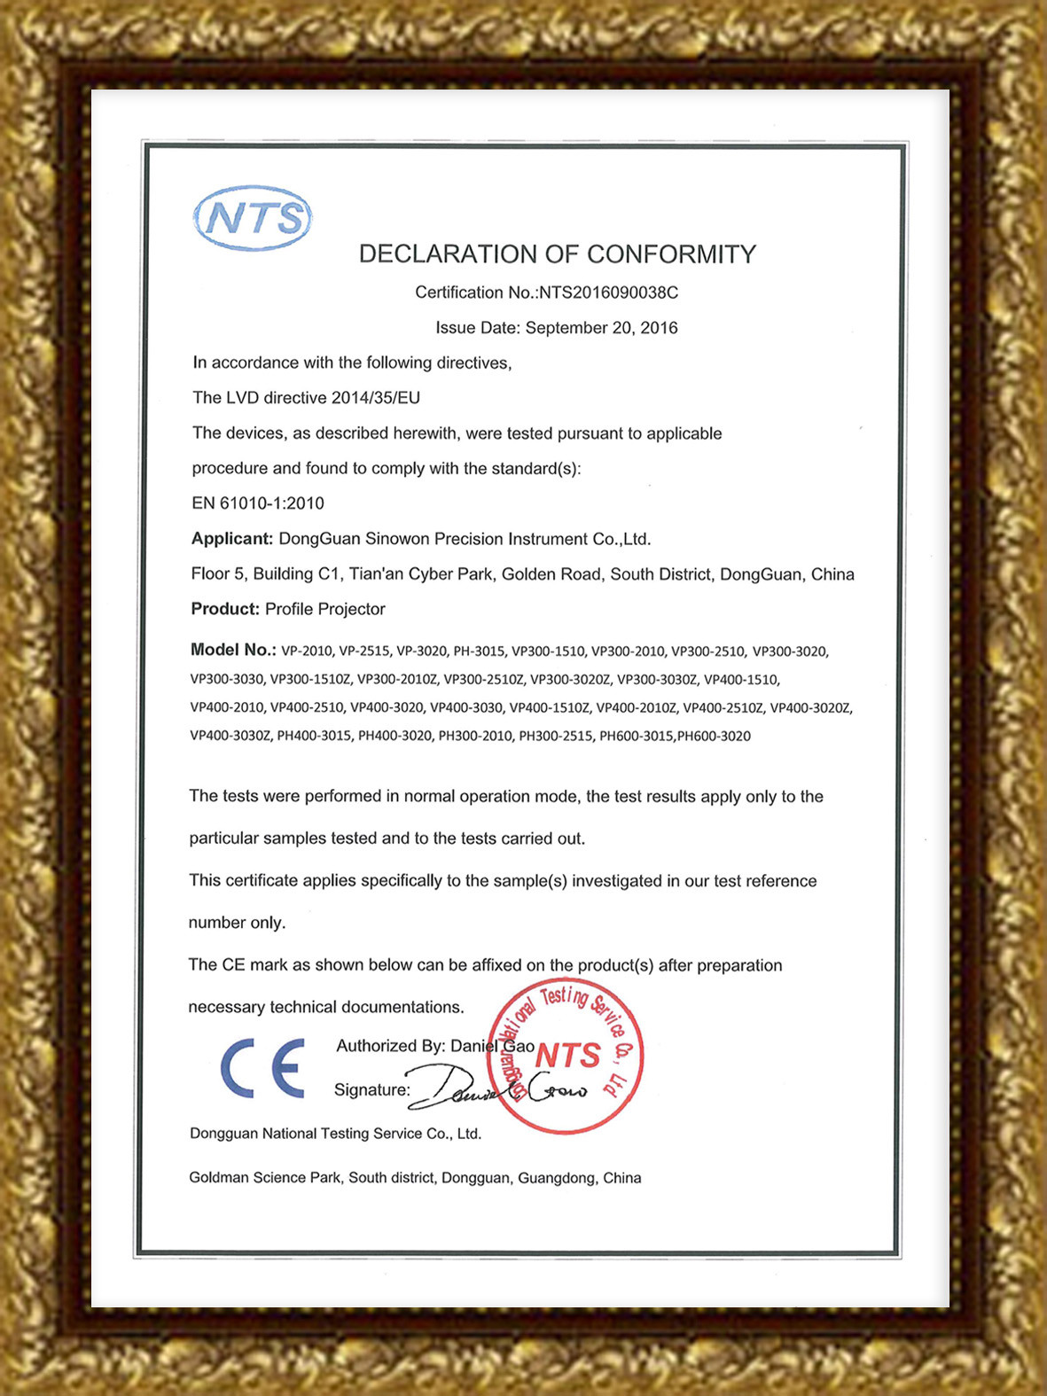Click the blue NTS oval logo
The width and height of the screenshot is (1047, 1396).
(x=253, y=218)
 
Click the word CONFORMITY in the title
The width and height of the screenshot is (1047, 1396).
(x=671, y=254)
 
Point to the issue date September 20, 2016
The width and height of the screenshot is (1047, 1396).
(x=601, y=328)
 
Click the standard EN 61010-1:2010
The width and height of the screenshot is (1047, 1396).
(x=258, y=503)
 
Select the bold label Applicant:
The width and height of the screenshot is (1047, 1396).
(x=232, y=539)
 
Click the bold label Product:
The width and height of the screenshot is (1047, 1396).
(x=225, y=609)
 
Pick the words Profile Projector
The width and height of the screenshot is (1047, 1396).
(x=325, y=609)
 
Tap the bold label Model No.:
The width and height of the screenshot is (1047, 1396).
(x=233, y=650)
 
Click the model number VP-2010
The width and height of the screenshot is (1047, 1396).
(x=307, y=651)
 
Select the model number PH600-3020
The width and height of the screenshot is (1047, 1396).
(x=714, y=736)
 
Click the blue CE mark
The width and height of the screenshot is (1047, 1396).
(x=262, y=1067)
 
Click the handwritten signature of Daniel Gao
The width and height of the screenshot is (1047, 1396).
(x=496, y=1090)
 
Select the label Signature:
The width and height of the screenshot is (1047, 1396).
(x=371, y=1090)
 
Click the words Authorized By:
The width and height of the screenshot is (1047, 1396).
(x=389, y=1046)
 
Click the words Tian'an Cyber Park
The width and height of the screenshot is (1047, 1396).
(x=421, y=574)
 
